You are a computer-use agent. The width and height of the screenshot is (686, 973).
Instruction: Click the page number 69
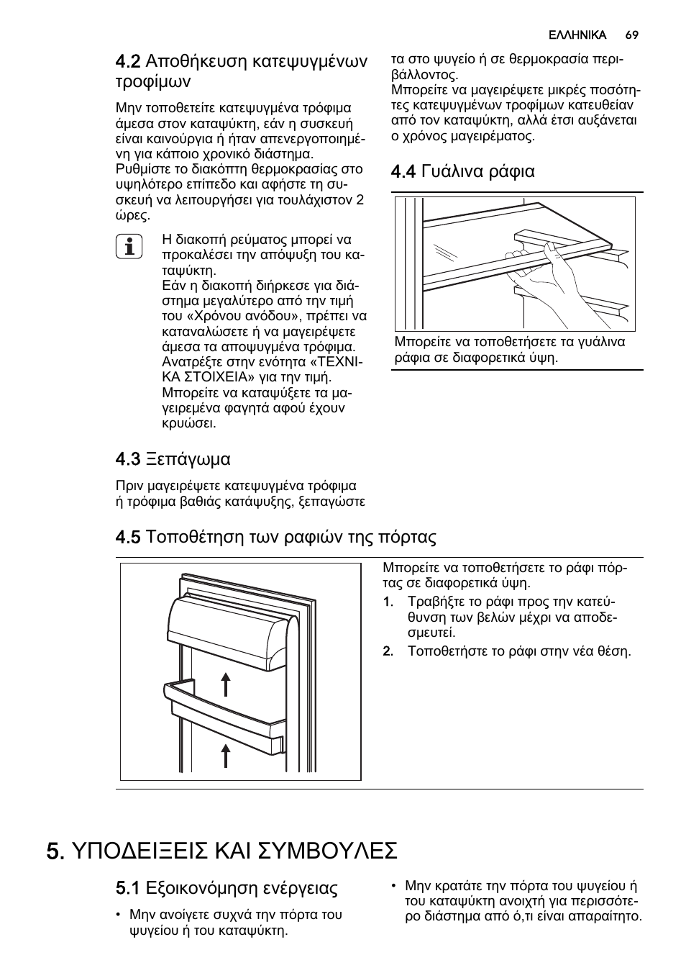coord(632,35)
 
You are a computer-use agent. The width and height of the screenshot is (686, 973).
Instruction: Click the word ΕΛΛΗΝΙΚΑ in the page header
coord(577,35)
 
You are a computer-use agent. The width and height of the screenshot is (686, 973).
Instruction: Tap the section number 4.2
coord(128,61)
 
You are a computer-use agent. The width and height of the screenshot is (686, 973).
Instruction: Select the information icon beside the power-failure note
coord(129,248)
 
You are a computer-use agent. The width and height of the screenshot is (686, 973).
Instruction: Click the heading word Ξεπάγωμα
coord(188,458)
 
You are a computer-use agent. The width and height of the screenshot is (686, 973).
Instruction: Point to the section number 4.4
coord(403,171)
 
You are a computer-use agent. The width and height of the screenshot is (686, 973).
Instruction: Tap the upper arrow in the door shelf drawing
coord(226,684)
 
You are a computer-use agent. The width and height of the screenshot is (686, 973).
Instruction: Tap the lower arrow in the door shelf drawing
coord(226,756)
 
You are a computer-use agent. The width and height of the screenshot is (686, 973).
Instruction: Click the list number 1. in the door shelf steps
coord(388,602)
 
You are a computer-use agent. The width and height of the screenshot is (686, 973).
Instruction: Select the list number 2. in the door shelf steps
coord(388,651)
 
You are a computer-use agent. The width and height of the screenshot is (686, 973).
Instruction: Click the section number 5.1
coord(128,888)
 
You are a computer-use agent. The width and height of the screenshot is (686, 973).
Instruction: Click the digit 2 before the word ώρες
coord(360,199)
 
